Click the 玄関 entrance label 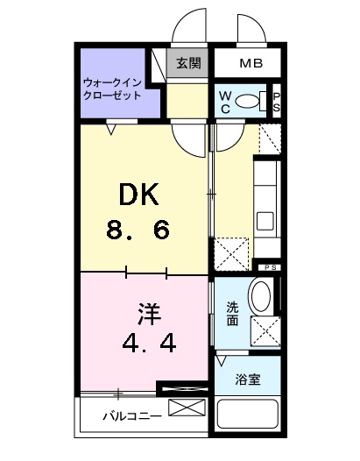[x=188, y=62]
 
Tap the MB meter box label [x=251, y=63]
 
